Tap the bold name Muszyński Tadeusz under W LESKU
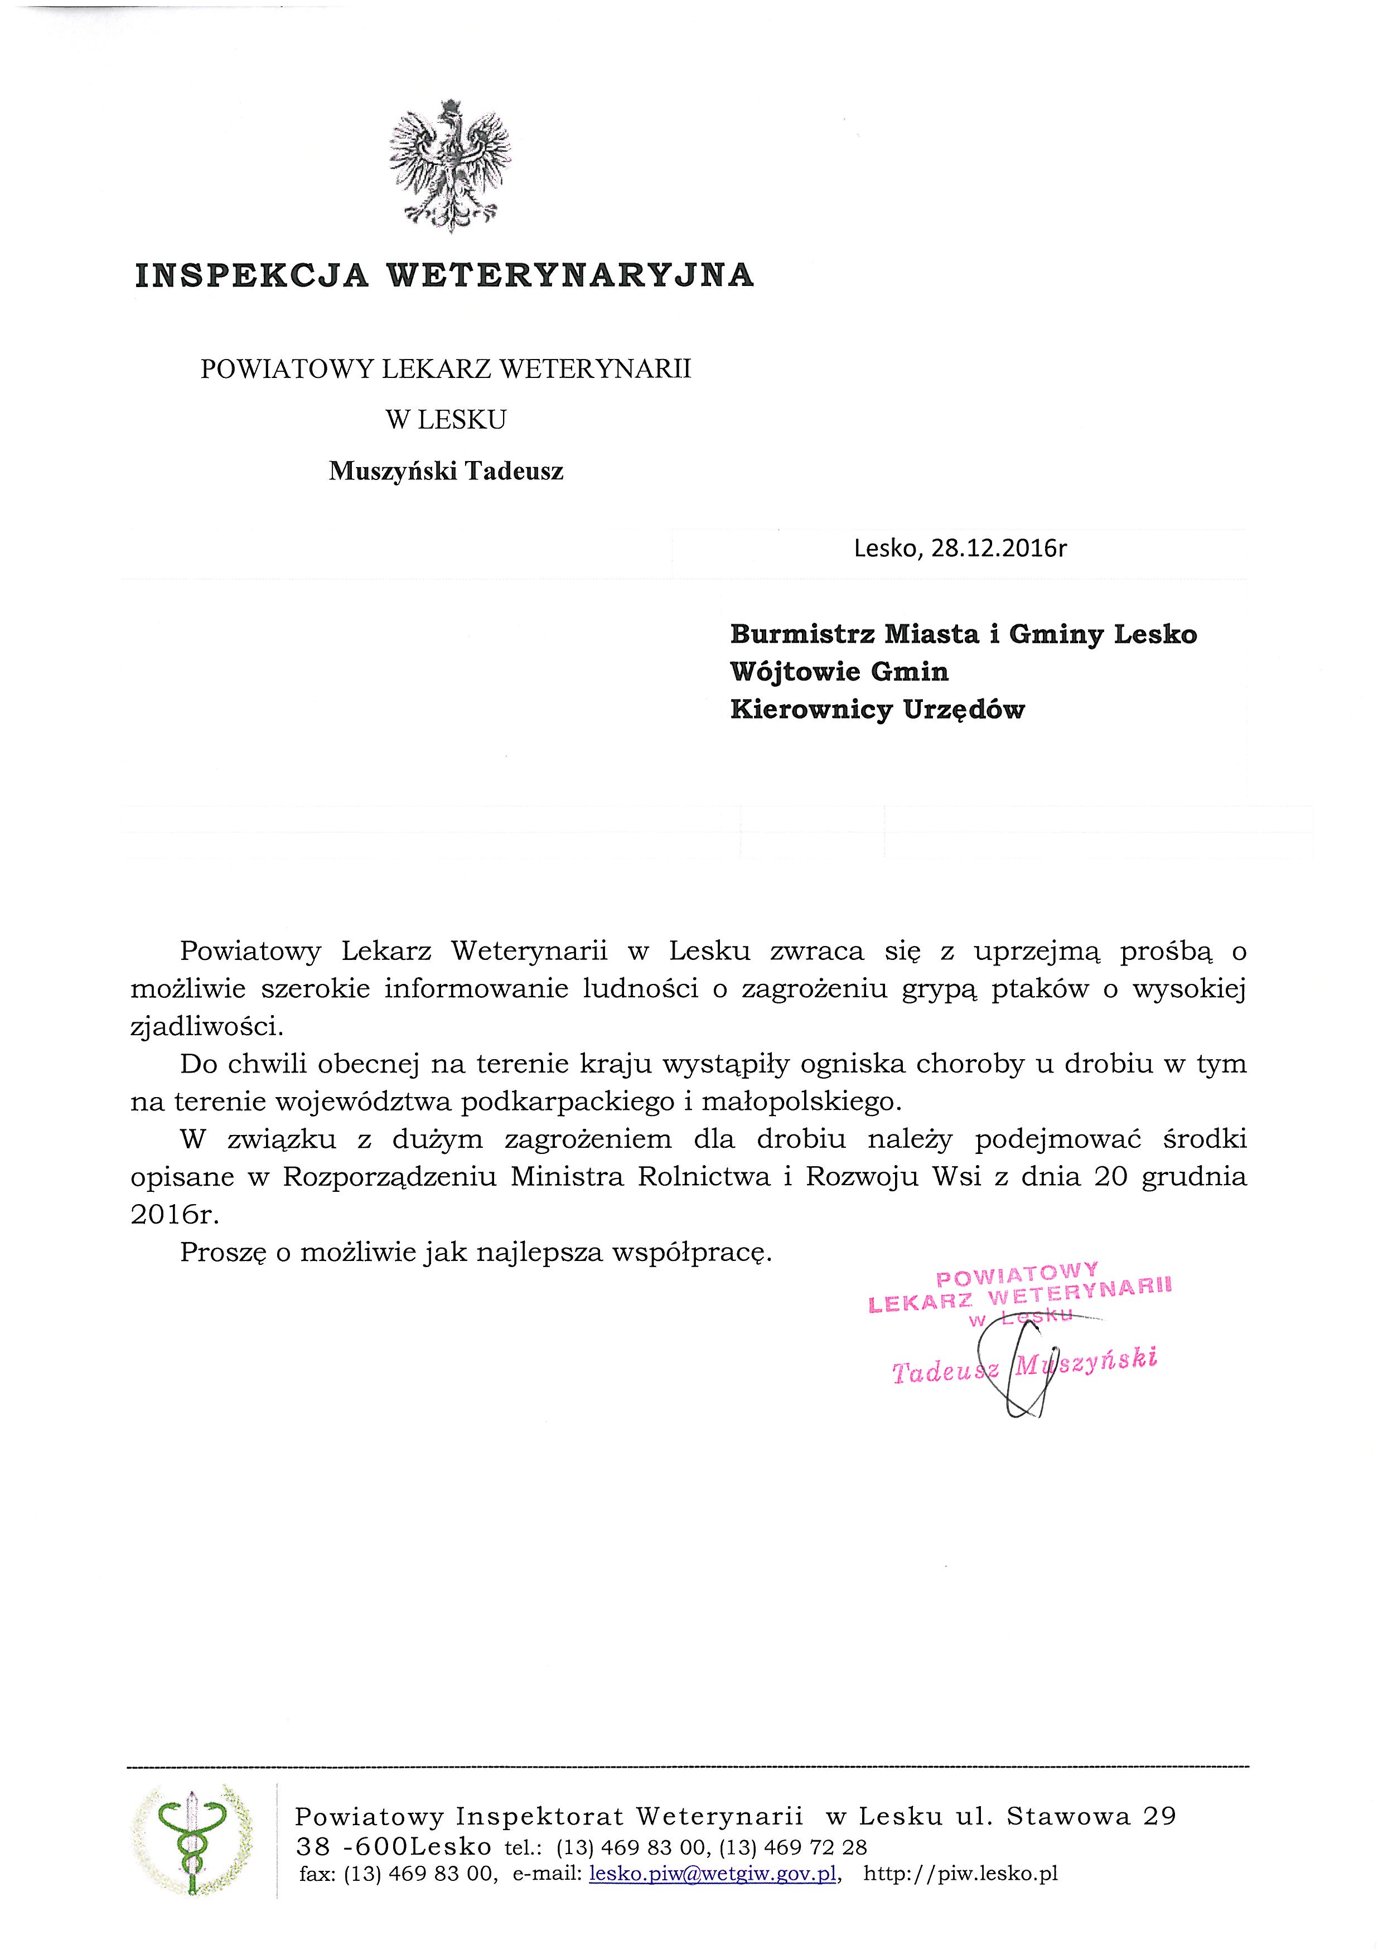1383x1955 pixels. [x=446, y=471]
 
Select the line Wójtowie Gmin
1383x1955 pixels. [x=839, y=672]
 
